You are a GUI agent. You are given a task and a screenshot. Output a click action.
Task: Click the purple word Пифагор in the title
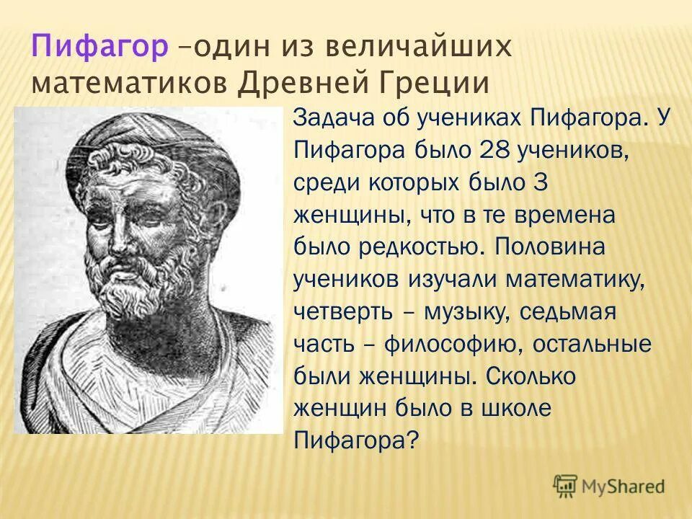pos(100,48)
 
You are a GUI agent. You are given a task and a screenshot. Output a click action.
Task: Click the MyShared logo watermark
pos(610,485)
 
